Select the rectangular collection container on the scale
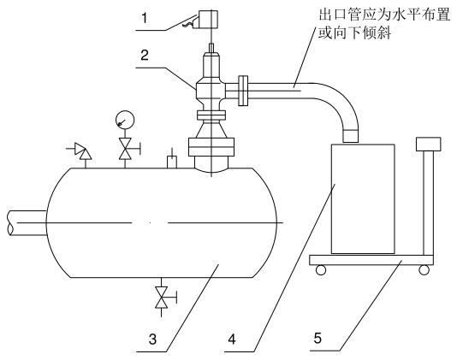point(362,198)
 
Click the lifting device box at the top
point(208,17)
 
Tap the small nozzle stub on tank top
point(171,159)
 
